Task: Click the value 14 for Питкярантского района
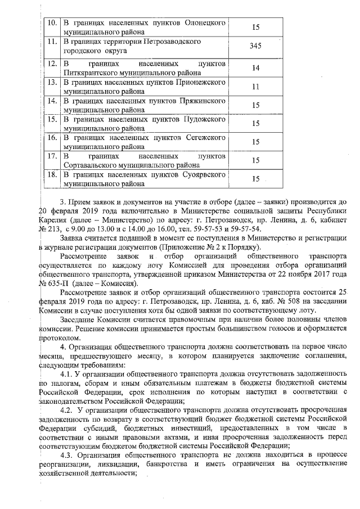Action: point(255,67)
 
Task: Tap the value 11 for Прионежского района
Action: point(255,87)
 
